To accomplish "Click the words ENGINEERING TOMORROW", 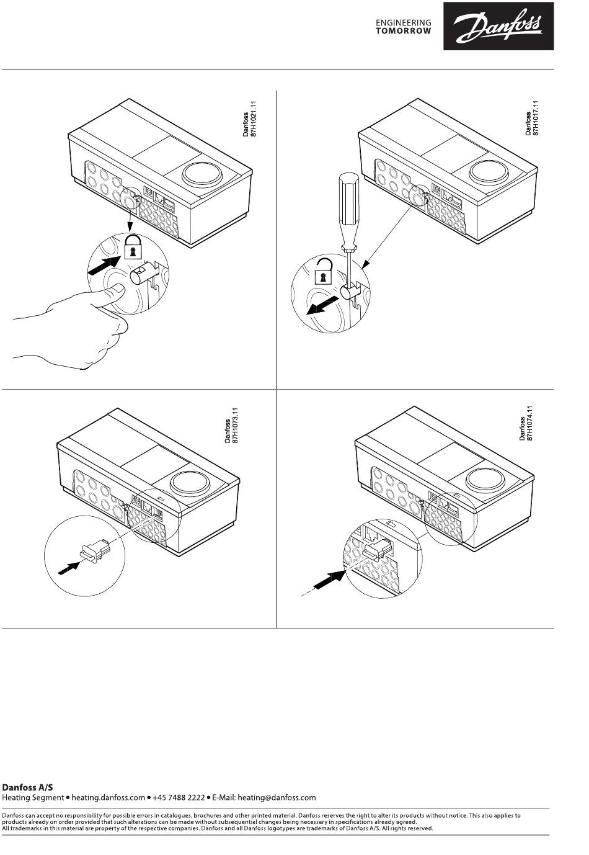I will [x=404, y=26].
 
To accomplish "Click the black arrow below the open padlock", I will [x=324, y=305].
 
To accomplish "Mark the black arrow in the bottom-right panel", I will [x=329, y=581].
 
